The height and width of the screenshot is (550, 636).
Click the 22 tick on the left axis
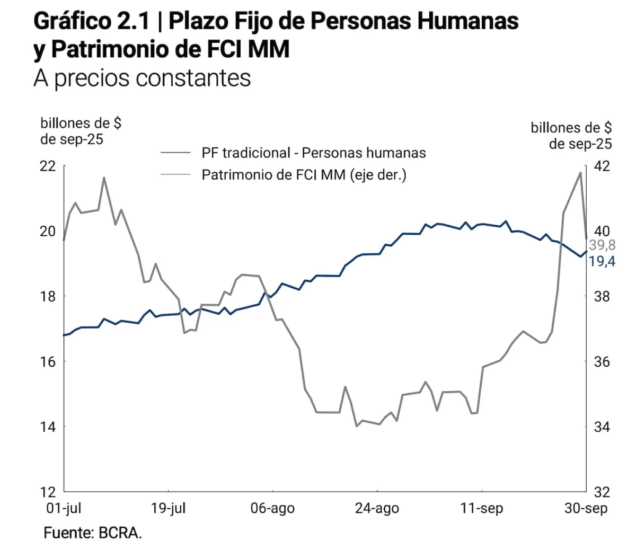pyautogui.click(x=48, y=166)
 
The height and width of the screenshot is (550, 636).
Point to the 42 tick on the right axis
pyautogui.click(x=602, y=166)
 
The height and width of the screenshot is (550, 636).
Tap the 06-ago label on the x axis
pyautogui.click(x=272, y=509)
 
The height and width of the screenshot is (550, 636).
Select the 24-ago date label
pyautogui.click(x=377, y=509)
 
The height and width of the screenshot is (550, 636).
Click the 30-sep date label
pyautogui.click(x=586, y=509)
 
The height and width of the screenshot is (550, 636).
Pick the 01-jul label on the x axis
pyautogui.click(x=64, y=509)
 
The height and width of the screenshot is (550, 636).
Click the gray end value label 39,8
pyautogui.click(x=602, y=245)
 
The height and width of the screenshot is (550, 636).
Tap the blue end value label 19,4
pyautogui.click(x=602, y=261)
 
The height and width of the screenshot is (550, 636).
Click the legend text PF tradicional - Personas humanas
pyautogui.click(x=313, y=153)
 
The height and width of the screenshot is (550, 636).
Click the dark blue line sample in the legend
pyautogui.click(x=175, y=153)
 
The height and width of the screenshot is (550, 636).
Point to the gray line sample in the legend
pyautogui.click(x=175, y=174)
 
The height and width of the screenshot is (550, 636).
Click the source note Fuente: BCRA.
pyautogui.click(x=93, y=533)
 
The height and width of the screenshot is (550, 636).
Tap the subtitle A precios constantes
pyautogui.click(x=142, y=78)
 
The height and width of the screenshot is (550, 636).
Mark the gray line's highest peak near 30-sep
pyautogui.click(x=580, y=173)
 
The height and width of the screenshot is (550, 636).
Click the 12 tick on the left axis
pyautogui.click(x=48, y=492)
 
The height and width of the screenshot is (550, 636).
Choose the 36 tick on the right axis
pyautogui.click(x=602, y=361)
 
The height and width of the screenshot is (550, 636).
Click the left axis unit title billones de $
pyautogui.click(x=81, y=123)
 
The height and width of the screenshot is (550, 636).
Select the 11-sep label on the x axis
pyautogui.click(x=481, y=509)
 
